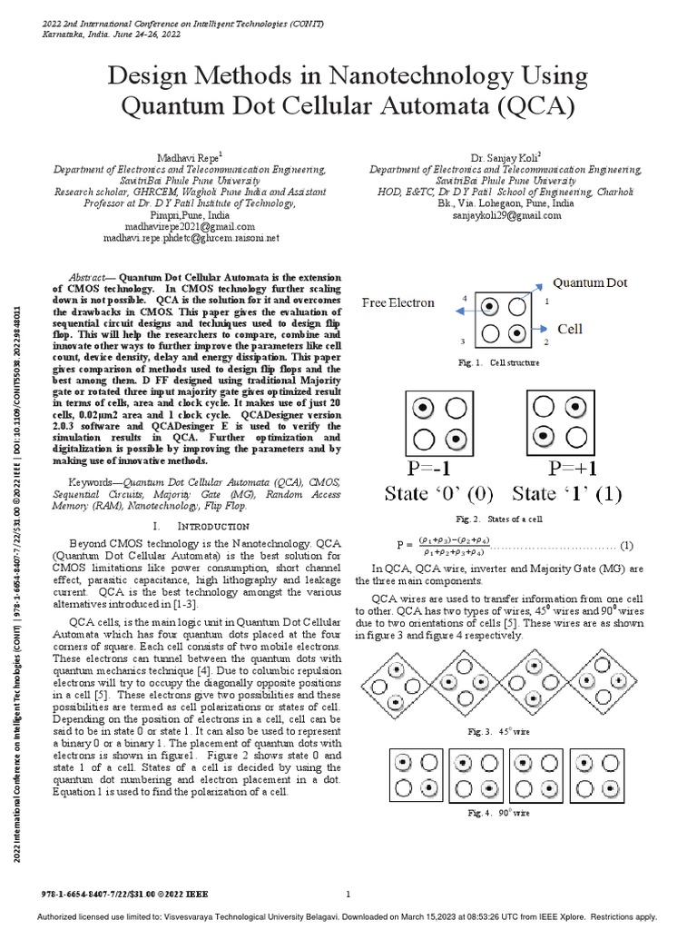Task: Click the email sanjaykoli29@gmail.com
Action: pos(506,215)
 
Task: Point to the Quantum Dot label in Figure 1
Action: pos(590,283)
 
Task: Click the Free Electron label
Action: pos(398,302)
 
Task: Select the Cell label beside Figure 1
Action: pos(569,329)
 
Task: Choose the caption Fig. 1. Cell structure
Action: pos(499,362)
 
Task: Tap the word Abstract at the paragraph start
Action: pos(91,275)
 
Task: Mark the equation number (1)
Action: pos(626,545)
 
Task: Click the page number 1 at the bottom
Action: pos(348,894)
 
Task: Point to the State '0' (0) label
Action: pos(427,495)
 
